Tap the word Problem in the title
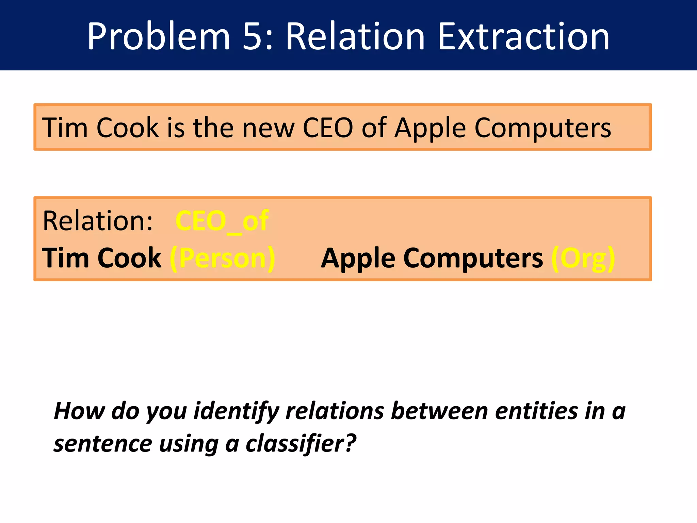coord(159,36)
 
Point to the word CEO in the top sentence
coord(328,128)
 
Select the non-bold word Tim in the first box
coord(65,128)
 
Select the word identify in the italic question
coord(236,411)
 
